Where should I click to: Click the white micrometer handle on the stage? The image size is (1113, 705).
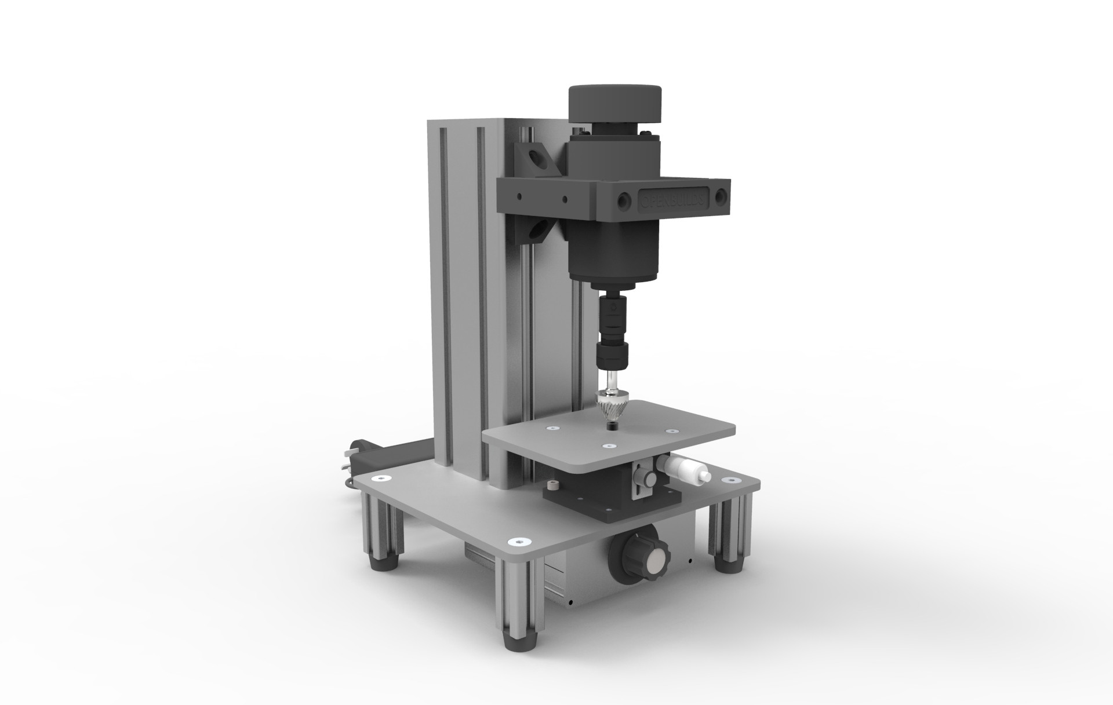tap(688, 467)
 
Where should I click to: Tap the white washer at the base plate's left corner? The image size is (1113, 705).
tap(382, 478)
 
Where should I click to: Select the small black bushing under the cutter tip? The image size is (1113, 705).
tap(612, 426)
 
